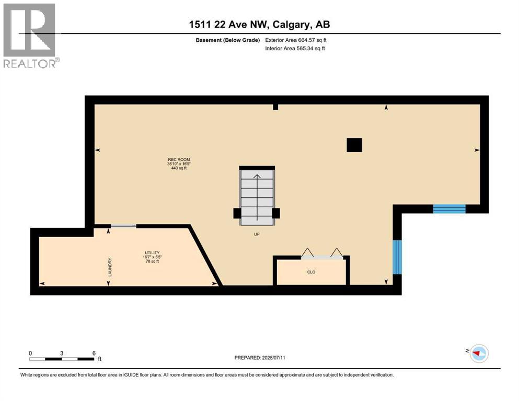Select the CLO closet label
tap(311, 272)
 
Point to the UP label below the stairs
tap(257, 234)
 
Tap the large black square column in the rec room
tap(354, 145)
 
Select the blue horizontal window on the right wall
tap(449, 209)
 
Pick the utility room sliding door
tap(123, 226)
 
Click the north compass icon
tap(478, 353)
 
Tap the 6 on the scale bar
tap(94, 353)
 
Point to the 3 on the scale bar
tap(62, 353)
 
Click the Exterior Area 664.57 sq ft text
tap(296, 40)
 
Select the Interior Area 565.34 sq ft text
tap(295, 49)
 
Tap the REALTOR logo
tap(31, 36)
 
